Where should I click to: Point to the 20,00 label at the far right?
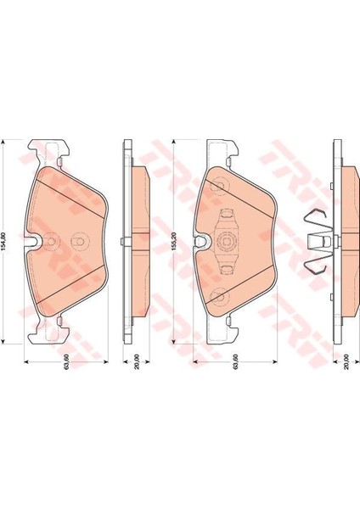tap(346, 361)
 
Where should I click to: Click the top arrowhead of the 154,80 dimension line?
tap(3, 143)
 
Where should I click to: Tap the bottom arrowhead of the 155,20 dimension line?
tap(173, 340)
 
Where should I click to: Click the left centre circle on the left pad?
tap(51, 241)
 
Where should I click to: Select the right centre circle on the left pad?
tap(78, 241)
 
